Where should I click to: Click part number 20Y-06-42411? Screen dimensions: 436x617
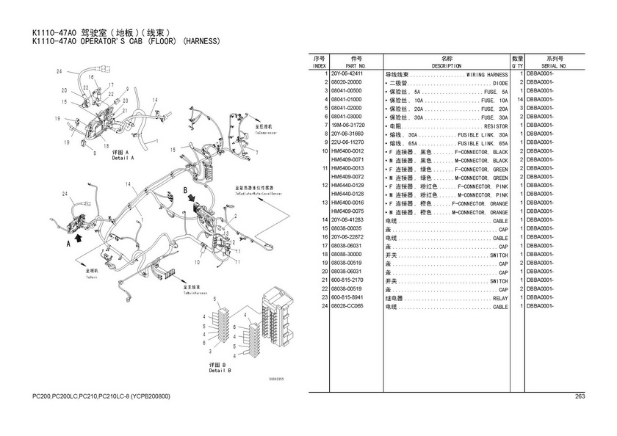[x=347, y=75]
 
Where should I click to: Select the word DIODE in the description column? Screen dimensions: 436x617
[x=500, y=83]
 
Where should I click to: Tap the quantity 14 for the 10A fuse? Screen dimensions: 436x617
[x=519, y=99]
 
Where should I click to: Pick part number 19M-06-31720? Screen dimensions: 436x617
[x=347, y=126]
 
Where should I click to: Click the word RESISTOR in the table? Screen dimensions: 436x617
[x=494, y=126]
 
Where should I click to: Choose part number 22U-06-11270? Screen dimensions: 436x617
[x=347, y=142]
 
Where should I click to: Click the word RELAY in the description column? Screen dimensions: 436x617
[x=500, y=299]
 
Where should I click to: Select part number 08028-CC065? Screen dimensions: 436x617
[x=347, y=307]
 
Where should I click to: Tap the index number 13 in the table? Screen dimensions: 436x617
[x=324, y=202]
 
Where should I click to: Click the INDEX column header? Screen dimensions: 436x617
[x=319, y=66]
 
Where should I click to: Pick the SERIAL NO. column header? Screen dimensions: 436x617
[x=554, y=66]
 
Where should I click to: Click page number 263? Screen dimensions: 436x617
[x=579, y=397]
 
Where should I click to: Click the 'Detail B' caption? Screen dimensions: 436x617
[x=220, y=371]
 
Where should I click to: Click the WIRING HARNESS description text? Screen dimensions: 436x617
[x=487, y=75]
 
